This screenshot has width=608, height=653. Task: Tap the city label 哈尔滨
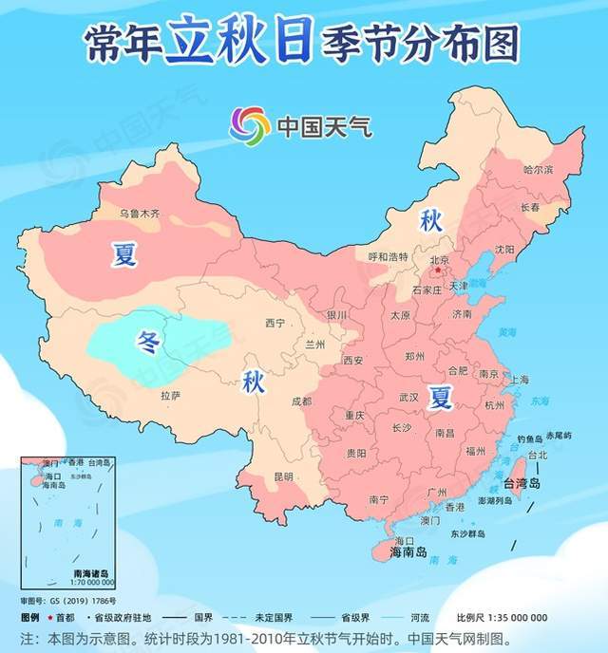538,169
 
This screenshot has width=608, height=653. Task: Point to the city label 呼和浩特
388,256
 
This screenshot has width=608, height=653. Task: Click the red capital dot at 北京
438,270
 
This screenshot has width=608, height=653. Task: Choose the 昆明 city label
283,476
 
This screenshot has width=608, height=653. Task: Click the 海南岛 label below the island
408,550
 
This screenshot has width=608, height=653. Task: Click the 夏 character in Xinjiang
124,254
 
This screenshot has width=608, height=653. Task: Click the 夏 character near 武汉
439,395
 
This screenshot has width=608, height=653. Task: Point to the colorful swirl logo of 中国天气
250,125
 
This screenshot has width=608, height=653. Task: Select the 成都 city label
301,401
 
